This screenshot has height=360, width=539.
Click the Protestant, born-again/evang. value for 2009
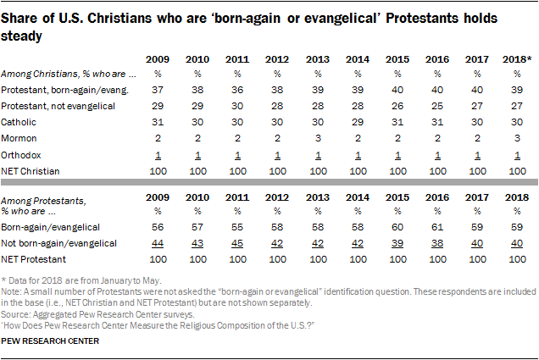click(x=156, y=91)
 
